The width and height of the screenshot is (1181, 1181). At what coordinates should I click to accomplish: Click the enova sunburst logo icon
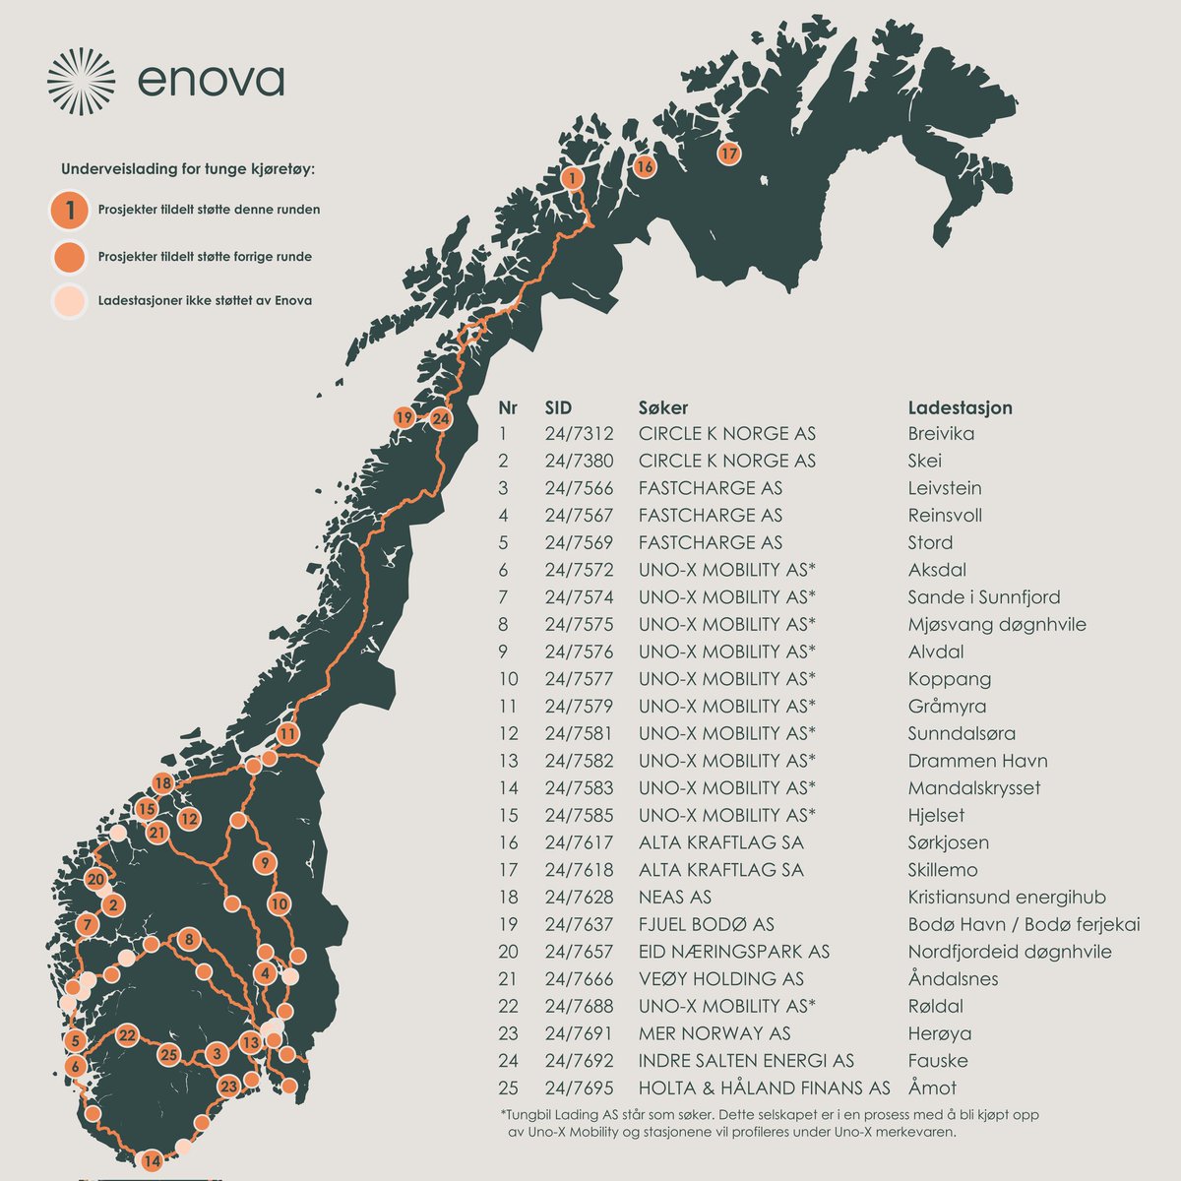(81, 81)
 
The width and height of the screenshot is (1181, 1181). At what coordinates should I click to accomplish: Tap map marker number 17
(728, 154)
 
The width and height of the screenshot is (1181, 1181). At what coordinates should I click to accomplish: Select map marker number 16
(644, 166)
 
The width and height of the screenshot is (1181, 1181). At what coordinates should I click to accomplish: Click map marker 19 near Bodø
(404, 417)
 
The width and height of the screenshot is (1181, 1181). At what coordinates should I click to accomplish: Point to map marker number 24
(440, 419)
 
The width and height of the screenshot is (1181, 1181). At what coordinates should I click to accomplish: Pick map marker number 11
(286, 734)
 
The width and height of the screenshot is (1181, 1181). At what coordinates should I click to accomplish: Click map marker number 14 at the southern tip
(152, 1161)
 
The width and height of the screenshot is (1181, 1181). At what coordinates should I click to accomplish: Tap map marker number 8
(189, 939)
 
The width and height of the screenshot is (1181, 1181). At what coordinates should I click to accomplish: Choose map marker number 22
(127, 1034)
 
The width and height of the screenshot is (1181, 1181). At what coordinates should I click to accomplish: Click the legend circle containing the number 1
(71, 210)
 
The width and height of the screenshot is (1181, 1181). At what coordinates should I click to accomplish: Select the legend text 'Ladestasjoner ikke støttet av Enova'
(205, 300)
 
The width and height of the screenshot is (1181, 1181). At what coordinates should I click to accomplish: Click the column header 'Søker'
(663, 407)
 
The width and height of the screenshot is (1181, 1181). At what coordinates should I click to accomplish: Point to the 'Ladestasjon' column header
(960, 407)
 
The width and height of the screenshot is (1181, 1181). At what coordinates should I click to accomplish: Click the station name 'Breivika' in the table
(941, 434)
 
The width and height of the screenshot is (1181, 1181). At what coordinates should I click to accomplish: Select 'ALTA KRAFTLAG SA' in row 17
(720, 870)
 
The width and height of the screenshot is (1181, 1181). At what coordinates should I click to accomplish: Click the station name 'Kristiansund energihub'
(1007, 897)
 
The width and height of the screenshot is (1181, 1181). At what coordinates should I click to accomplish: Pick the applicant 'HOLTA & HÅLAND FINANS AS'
(764, 1088)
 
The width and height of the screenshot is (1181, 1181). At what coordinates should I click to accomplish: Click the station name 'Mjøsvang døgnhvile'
(997, 624)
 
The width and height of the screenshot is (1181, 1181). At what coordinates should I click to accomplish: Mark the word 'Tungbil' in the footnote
(534, 1115)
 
